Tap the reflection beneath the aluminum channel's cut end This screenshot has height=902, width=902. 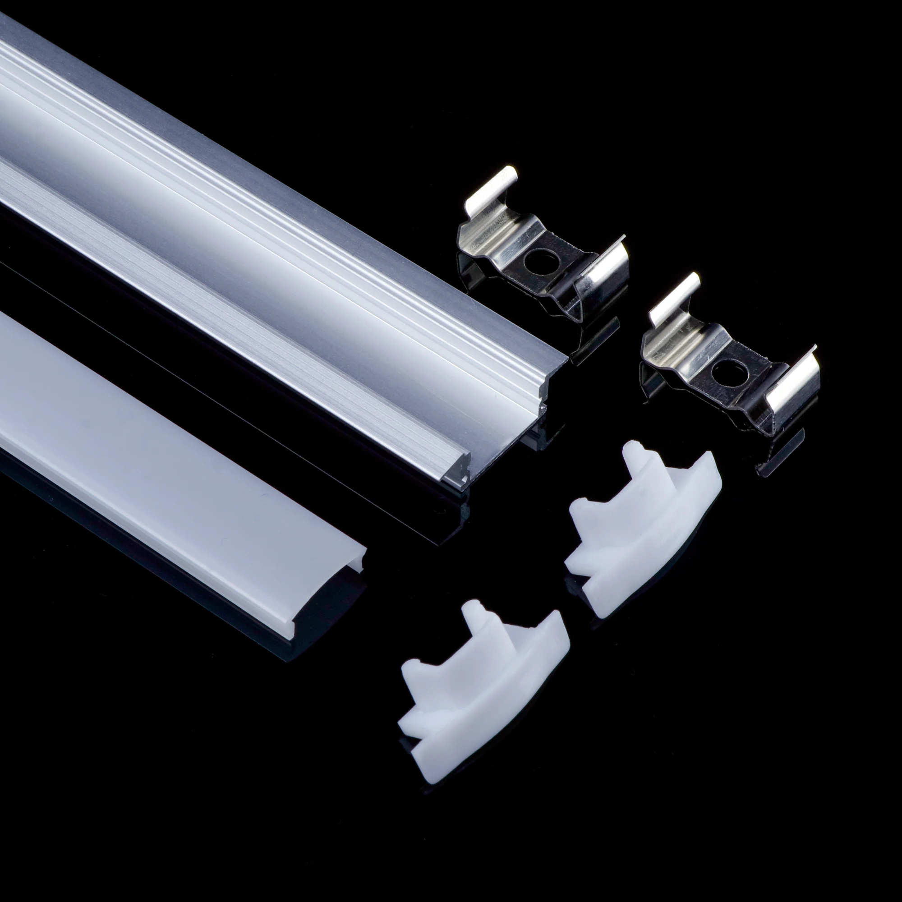537,434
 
